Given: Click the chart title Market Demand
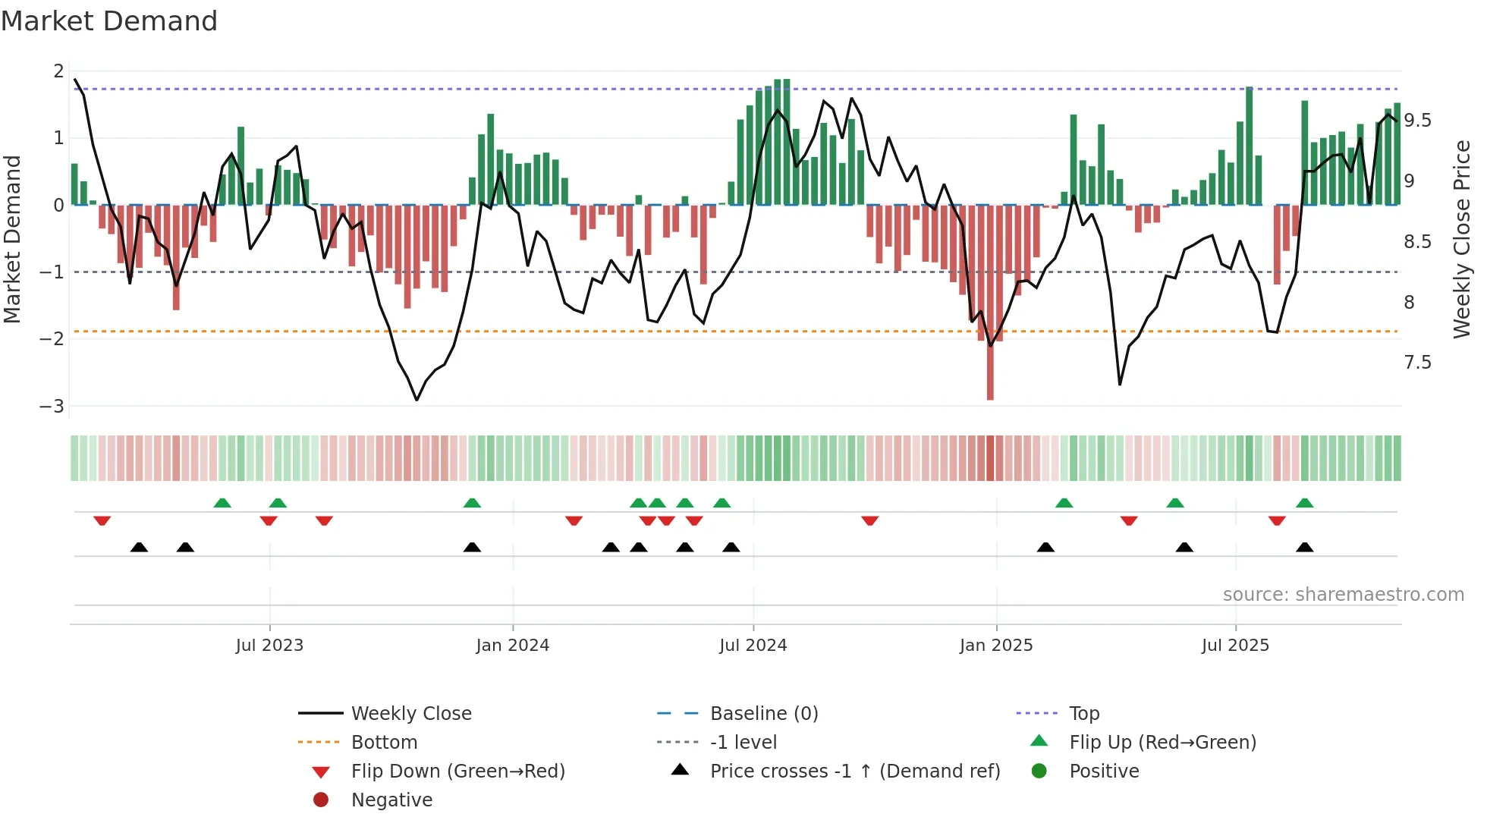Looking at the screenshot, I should pos(109,20).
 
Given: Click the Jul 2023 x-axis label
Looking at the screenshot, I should pos(269,646).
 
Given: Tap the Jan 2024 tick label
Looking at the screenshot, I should pos(512,646).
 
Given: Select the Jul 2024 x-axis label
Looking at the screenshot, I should pos(753,646).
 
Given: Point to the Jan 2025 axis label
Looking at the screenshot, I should pos(995,646).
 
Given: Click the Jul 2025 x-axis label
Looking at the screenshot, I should pos(1235,646).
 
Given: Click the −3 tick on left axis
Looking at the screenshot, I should pos(52,406).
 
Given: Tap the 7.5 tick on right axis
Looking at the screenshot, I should pos(1417,363).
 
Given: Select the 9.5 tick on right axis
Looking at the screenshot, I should pos(1417,121).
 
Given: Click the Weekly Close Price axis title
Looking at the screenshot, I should pos(1461,239).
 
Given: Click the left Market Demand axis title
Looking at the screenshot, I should pos(12,239).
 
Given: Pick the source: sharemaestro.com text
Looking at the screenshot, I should pos(1343,595).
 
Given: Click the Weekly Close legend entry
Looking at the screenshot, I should pos(410,714).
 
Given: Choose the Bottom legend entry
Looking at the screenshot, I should pos(384,743).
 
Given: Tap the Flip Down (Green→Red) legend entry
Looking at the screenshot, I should pos(457,772).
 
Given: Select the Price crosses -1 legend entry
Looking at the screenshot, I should pos(854,772).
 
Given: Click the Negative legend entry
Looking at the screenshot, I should pos(391,800).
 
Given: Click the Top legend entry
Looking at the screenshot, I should pos(1083,714).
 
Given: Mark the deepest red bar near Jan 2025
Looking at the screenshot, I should pos(990,379).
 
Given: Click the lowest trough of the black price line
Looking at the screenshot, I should pos(417,399).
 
